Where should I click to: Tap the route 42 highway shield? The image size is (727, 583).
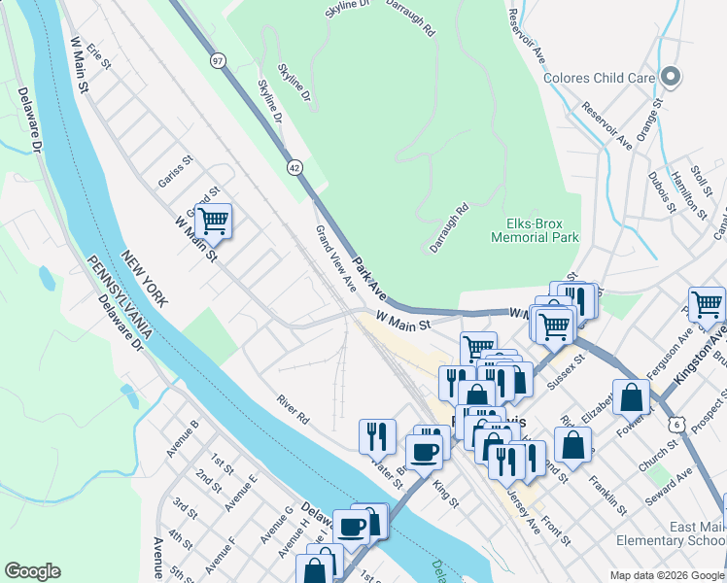tap(294, 167)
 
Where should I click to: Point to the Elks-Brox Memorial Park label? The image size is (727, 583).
tap(535, 230)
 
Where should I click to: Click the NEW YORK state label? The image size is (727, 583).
tap(144, 279)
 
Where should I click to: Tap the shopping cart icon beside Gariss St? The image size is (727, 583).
tap(213, 221)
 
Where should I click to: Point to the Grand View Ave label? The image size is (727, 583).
tap(333, 257)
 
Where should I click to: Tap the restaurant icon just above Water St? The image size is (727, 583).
tap(376, 436)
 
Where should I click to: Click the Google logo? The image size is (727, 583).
tap(32, 571)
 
